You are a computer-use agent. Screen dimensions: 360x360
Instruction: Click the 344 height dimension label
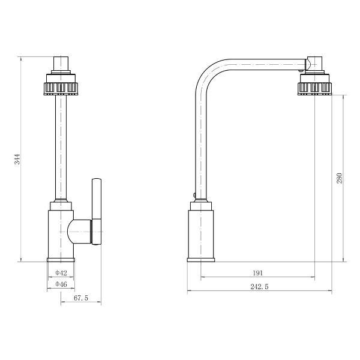tap(17, 159)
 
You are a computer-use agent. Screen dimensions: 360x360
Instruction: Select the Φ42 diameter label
tap(61, 273)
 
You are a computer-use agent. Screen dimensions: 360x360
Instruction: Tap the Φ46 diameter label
tap(61, 284)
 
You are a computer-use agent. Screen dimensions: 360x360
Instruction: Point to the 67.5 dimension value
tap(81, 298)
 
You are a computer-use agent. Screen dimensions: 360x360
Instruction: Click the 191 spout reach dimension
tap(257, 273)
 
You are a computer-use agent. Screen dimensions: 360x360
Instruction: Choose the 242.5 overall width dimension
tap(259, 287)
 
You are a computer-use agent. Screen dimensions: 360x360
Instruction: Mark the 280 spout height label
tap(340, 178)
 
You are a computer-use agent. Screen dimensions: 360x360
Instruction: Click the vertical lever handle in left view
tap(97, 211)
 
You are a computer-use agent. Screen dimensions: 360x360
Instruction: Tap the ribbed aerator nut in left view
tap(61, 88)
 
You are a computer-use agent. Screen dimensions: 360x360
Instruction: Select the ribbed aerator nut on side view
tap(315, 88)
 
